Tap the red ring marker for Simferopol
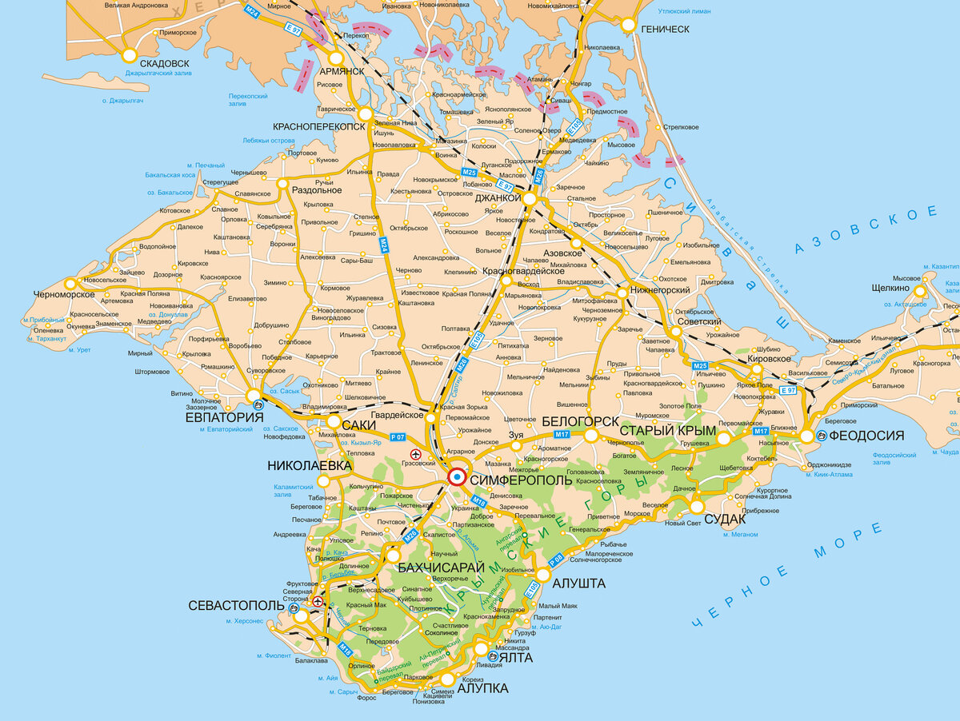457,477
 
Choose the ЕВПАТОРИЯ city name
224,416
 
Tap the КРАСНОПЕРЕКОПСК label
319,126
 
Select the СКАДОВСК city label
165,63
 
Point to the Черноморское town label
65,294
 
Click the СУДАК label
726,519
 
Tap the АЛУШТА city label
578,583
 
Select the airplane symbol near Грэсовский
415,453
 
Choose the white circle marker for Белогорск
591,435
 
